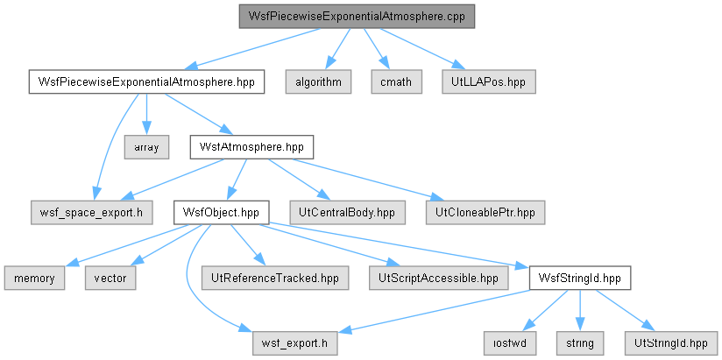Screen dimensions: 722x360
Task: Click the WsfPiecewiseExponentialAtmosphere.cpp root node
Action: point(357,17)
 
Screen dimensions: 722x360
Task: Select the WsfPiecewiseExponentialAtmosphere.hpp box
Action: point(146,82)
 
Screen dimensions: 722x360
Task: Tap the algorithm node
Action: point(318,82)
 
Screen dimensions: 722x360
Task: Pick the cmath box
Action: point(396,82)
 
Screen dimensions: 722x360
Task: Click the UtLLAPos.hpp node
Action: point(489,82)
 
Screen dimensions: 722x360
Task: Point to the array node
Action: point(146,147)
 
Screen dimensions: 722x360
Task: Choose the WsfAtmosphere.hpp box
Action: point(251,147)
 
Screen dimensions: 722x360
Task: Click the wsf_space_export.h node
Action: point(92,213)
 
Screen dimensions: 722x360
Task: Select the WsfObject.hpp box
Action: point(221,213)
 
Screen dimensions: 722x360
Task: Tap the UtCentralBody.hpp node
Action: point(348,213)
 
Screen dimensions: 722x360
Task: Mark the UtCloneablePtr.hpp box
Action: point(485,213)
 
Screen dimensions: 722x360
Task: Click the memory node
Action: point(34,278)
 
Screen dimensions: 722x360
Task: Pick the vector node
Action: point(110,278)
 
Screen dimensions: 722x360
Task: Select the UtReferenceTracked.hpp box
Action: point(275,278)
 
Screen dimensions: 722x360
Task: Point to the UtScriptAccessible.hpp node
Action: point(439,278)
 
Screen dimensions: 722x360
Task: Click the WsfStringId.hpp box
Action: point(580,278)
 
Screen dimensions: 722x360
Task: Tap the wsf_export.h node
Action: point(294,343)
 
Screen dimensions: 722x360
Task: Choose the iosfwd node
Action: point(510,343)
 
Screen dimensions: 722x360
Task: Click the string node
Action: point(580,343)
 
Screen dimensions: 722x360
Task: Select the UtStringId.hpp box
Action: point(670,343)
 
